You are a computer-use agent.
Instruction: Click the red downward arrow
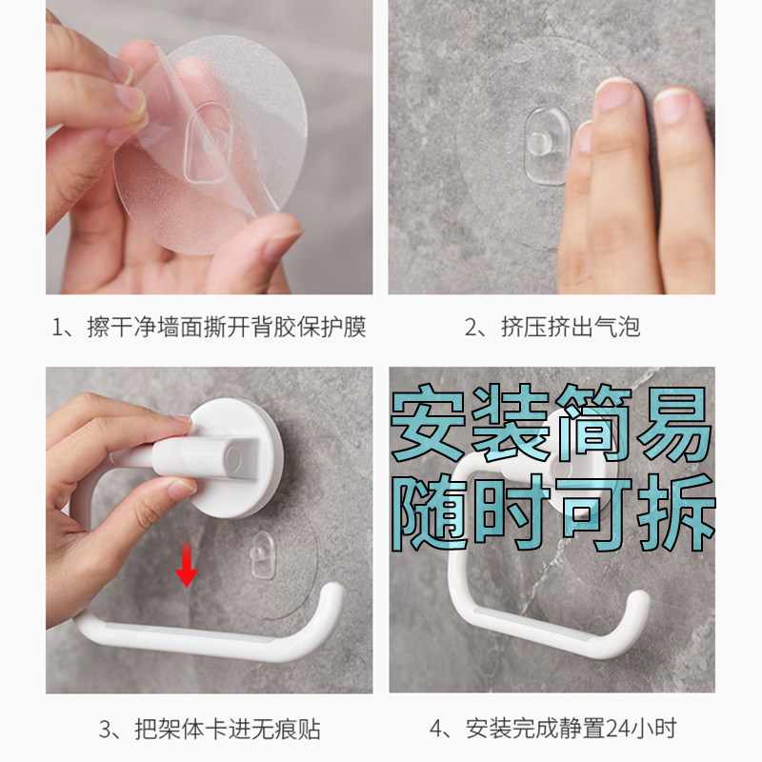[x=187, y=570]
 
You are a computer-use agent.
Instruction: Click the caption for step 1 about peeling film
[x=209, y=328]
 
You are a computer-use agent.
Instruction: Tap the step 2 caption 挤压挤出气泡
[x=551, y=328]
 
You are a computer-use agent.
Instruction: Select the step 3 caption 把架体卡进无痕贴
[x=209, y=731]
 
